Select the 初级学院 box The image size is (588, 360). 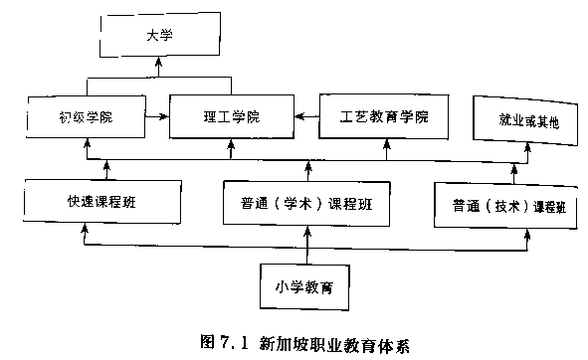(x=86, y=117)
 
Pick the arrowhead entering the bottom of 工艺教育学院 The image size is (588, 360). (x=385, y=144)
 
